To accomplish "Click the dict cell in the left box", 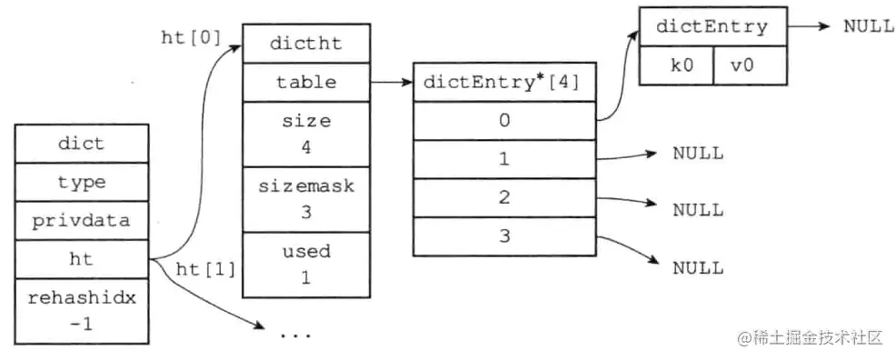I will [81, 144].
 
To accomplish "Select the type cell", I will [81, 183].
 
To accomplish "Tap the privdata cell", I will [81, 221].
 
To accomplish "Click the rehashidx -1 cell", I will [81, 310].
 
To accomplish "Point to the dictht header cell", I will [305, 43].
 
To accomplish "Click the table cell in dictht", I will [305, 82].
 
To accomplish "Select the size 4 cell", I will [305, 133].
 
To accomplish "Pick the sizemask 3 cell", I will [305, 198].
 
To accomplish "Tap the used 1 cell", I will [305, 264].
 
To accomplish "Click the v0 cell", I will [746, 66].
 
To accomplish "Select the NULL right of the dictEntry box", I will [868, 26].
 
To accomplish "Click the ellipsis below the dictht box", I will [295, 335].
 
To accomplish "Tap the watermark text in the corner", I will [810, 338].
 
